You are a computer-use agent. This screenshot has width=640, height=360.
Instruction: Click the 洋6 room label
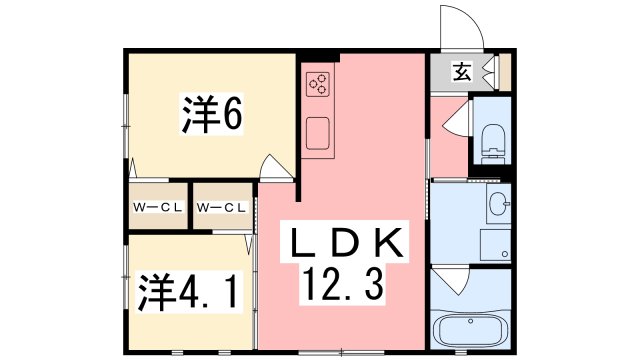tap(212, 117)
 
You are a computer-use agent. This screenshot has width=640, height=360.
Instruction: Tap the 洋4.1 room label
tap(187, 291)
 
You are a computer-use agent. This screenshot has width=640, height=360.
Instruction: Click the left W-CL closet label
tap(157, 207)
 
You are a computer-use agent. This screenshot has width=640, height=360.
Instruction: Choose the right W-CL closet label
tap(222, 207)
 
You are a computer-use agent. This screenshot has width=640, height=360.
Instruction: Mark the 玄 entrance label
tap(461, 71)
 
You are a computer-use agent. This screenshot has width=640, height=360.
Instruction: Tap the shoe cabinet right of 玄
tap(502, 71)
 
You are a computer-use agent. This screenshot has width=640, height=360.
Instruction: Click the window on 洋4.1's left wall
tap(127, 290)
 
